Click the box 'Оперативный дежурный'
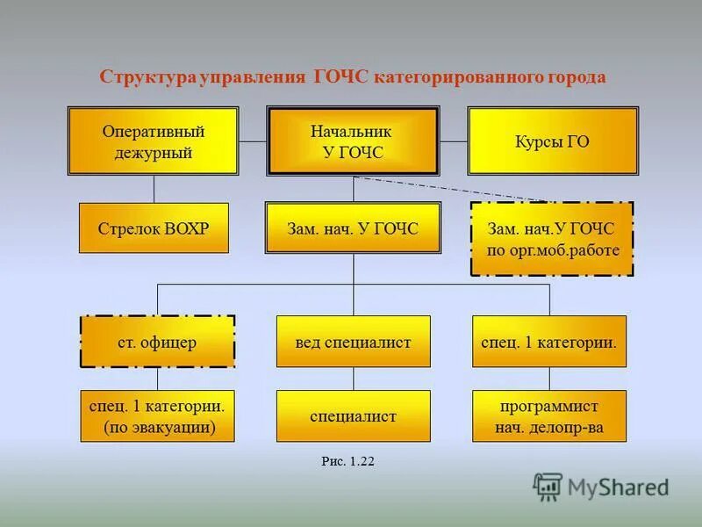coord(154,141)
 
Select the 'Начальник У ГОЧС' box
coord(353,141)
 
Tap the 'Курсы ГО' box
coord(552,141)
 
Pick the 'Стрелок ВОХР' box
coord(154,228)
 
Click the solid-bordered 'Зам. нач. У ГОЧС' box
coord(353,228)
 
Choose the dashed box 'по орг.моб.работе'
coord(552,239)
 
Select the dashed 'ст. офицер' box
coord(157,342)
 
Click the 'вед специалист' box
coord(354,342)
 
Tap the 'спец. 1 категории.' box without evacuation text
coord(549,342)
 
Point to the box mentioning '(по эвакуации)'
coord(157,416)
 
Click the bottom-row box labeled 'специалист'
coord(354,416)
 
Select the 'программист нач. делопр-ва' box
coord(549,416)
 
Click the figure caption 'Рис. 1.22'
coord(348,461)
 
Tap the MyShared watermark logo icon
coord(548,486)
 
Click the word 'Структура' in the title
coord(147,76)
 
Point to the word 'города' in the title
coord(576,76)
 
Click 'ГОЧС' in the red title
coord(341,76)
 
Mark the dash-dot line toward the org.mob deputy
coord(456,190)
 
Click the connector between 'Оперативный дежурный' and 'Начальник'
coord(253,141)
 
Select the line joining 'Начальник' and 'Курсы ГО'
coord(453,141)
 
